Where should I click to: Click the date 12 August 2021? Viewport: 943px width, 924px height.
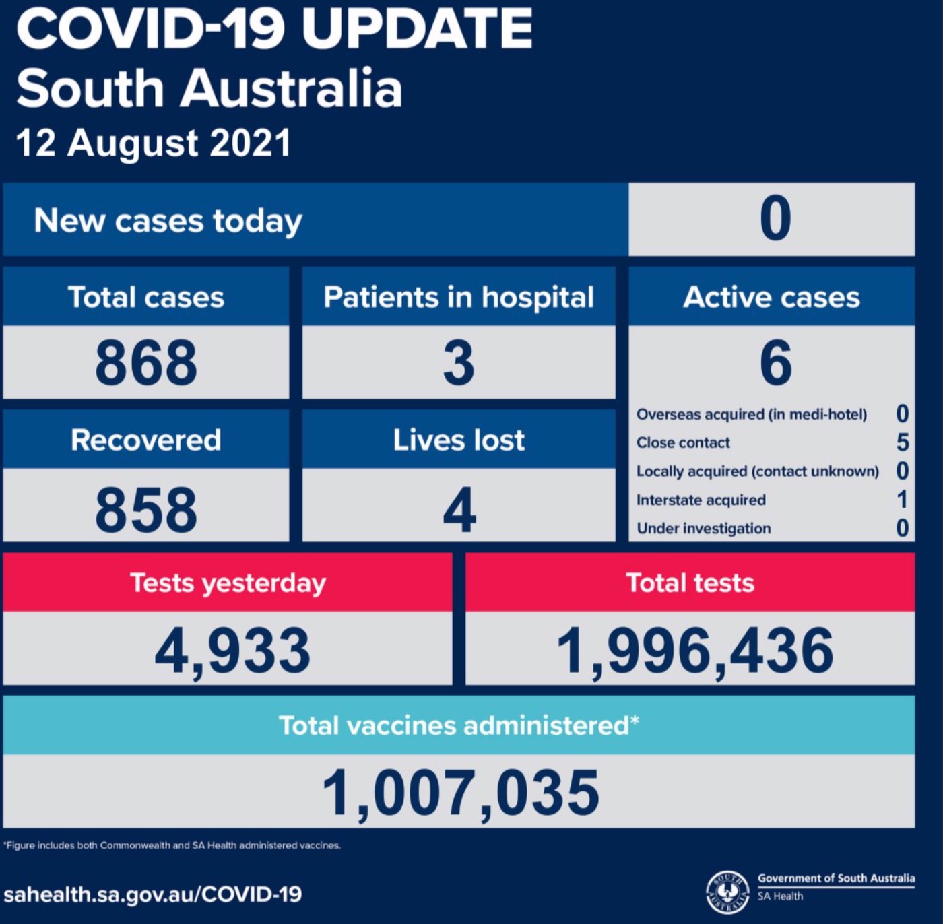point(154,143)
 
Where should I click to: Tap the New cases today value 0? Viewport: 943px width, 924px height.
point(775,219)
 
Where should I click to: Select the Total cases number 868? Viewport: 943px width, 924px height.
point(146,363)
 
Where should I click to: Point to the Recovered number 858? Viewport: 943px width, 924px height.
point(146,510)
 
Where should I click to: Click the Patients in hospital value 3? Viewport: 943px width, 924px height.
point(459,363)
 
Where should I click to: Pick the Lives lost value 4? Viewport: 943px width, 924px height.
point(459,510)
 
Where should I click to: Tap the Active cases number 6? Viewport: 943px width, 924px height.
point(775,363)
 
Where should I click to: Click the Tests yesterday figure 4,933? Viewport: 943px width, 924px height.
point(232,651)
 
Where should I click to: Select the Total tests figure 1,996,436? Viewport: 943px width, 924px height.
point(694,651)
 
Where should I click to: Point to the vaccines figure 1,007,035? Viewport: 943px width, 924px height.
point(461,793)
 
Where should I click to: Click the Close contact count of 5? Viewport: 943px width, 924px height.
point(903,442)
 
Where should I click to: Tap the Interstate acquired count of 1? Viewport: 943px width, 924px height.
point(903,500)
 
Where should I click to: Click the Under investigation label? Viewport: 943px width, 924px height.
point(704,529)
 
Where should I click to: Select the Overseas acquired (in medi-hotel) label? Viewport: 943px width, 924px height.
point(752,414)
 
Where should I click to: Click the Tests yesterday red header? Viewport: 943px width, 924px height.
point(228,583)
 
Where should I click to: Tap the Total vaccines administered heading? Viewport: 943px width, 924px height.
point(459,726)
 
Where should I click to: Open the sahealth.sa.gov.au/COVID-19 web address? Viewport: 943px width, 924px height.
point(153,894)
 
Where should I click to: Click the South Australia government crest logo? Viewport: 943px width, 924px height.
point(727,892)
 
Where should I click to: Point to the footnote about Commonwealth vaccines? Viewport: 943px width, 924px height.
point(172,845)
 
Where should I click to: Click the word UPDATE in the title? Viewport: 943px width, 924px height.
point(417,29)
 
